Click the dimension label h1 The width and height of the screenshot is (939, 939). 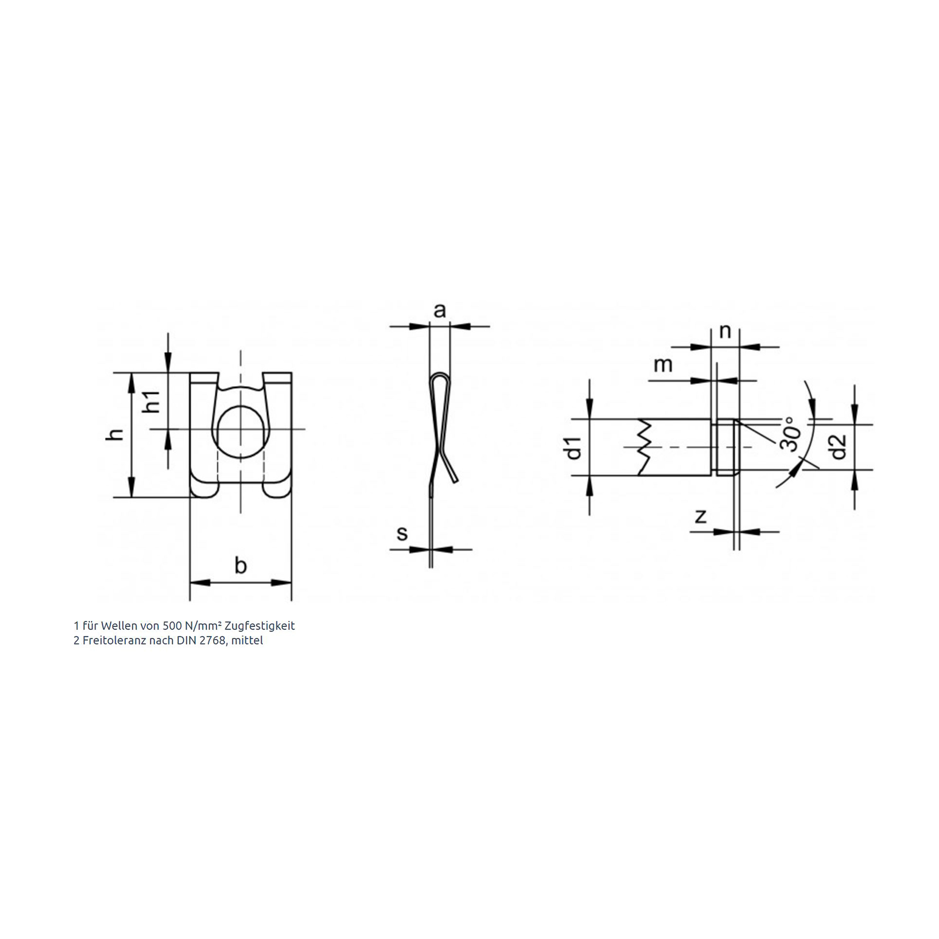pos(153,401)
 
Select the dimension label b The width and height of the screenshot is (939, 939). pos(241,565)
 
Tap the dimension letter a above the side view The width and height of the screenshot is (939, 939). pos(440,310)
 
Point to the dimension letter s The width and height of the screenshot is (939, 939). pos(402,533)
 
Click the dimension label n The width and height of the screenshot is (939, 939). pos(725,332)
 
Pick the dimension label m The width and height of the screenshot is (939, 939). pos(663,365)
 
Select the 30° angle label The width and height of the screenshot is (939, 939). pos(791,434)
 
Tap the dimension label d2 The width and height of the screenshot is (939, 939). pos(839,447)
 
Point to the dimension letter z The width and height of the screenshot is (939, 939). pos(701,516)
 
